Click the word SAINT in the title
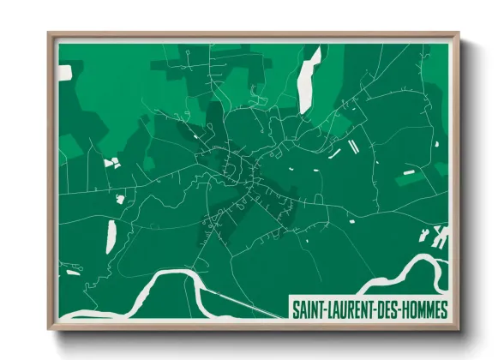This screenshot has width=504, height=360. pyautogui.click(x=308, y=307)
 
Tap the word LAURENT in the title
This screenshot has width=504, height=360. pyautogui.click(x=351, y=307)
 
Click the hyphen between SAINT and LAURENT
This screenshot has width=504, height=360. pyautogui.click(x=326, y=307)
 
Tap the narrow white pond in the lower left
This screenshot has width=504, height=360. pyautogui.click(x=111, y=236)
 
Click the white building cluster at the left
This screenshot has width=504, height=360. pyautogui.click(x=110, y=161)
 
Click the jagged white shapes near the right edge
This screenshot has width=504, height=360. pyautogui.click(x=440, y=235)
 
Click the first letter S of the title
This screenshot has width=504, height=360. pyautogui.click(x=296, y=307)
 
